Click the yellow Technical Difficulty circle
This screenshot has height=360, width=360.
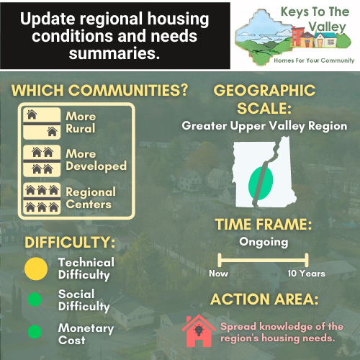click(36, 269)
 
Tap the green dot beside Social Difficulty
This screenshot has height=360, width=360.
click(35, 300)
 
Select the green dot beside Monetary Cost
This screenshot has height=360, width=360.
click(35, 332)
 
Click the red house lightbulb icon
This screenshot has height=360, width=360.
click(199, 331)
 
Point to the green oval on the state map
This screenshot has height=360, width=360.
click(261, 184)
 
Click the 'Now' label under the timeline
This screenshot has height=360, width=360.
click(218, 274)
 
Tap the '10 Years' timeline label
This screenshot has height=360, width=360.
click(307, 274)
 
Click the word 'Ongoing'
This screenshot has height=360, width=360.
click(264, 243)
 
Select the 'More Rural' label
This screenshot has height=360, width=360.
click(81, 122)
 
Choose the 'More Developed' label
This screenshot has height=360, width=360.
click(96, 160)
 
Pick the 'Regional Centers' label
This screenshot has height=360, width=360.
click(91, 198)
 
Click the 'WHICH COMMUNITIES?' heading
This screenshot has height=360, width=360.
click(99, 91)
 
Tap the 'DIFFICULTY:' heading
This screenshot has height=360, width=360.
click(70, 242)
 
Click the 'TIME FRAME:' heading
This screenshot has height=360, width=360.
click(264, 225)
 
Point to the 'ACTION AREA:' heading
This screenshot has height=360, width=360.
click(264, 300)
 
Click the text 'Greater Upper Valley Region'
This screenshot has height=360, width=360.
click(264, 126)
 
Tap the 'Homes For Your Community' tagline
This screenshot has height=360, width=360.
click(314, 60)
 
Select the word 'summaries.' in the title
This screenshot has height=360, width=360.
click(114, 53)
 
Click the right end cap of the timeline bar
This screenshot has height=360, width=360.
click(307, 260)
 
